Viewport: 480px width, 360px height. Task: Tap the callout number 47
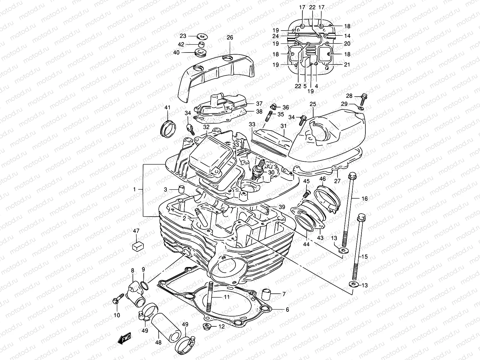[x=136, y=231]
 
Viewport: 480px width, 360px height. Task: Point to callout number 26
[x=230, y=38]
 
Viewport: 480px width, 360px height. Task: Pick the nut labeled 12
[x=207, y=326]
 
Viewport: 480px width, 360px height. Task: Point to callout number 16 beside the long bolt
[x=364, y=199]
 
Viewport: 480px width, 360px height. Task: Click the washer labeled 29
[x=361, y=107]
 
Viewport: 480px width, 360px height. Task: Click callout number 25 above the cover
[x=313, y=104]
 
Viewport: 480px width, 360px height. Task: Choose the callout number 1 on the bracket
[x=135, y=189]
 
